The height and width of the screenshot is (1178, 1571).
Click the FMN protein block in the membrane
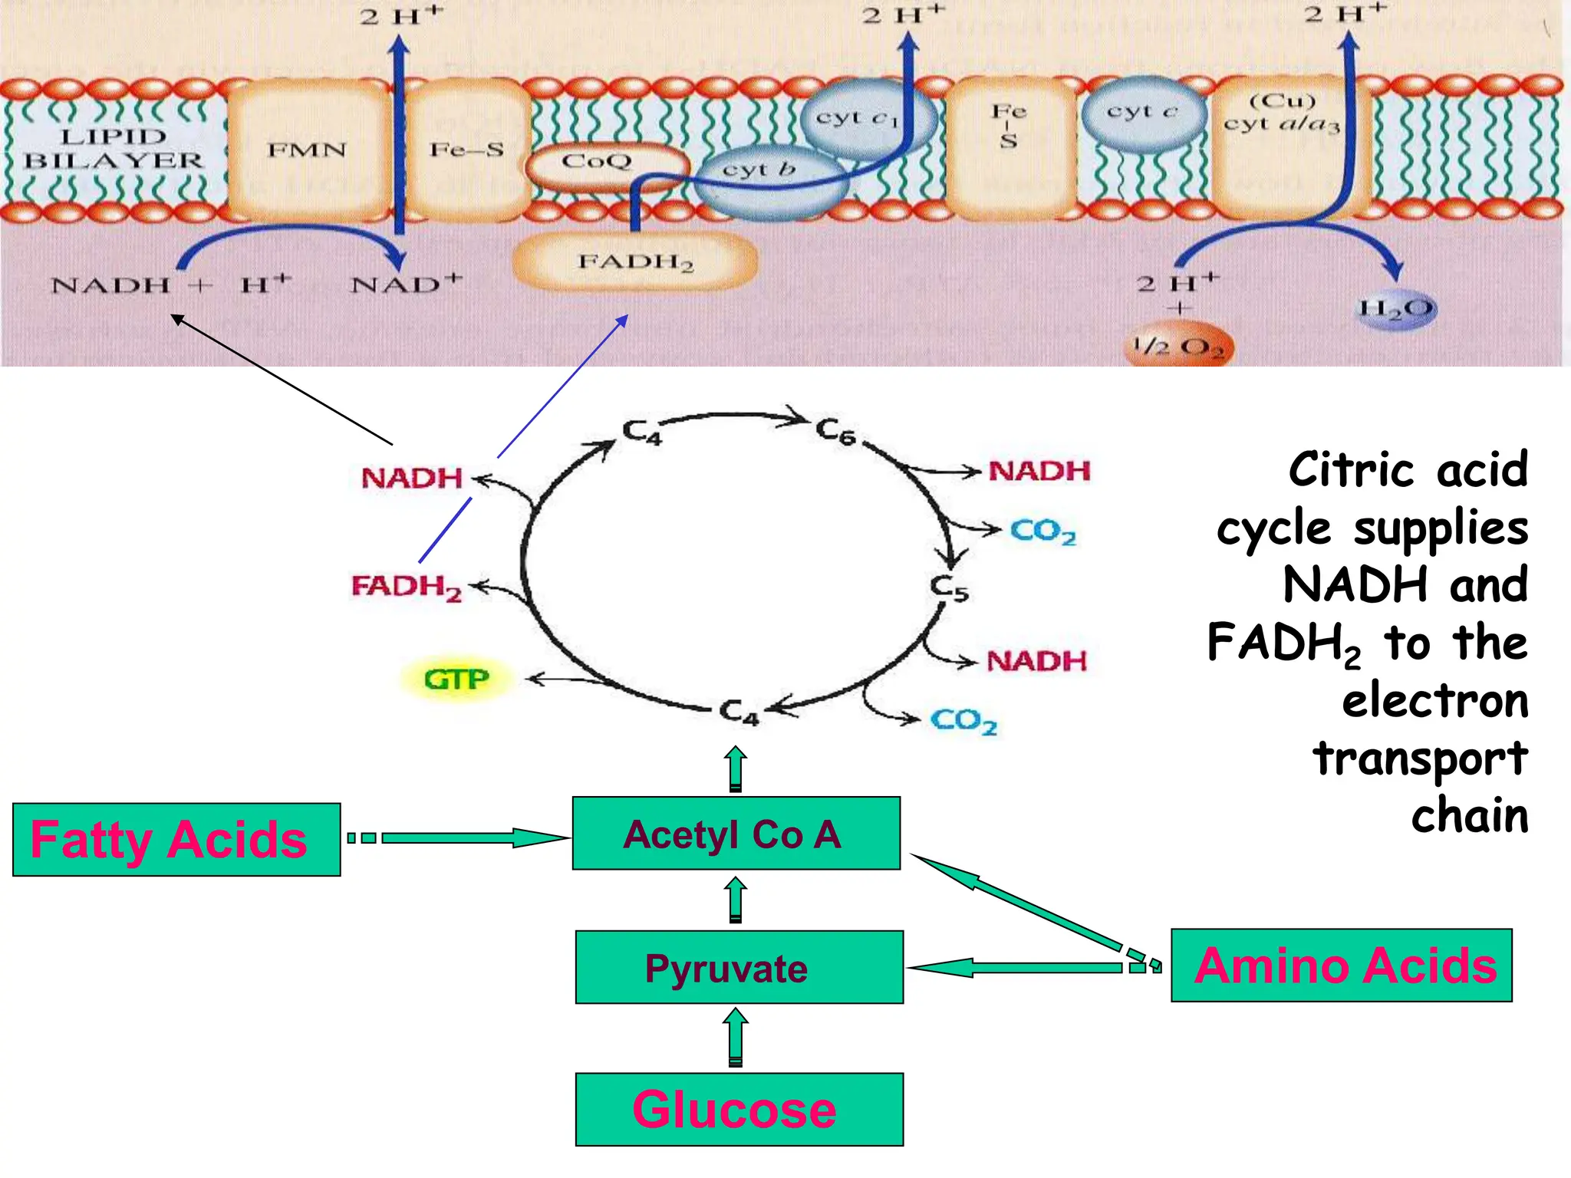point(307,150)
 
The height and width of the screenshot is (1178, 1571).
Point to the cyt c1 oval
point(859,119)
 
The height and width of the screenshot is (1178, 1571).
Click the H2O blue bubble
point(1396,308)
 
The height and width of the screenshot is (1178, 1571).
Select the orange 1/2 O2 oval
point(1179,347)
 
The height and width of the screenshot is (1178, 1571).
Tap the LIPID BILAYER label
point(114,149)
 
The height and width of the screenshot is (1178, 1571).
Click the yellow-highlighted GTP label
point(456,679)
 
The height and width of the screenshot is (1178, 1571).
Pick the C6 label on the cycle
point(835,432)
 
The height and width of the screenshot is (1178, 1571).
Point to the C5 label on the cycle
point(950,588)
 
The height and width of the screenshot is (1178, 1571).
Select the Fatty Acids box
point(176,840)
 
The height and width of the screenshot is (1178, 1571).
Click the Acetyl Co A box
point(736,834)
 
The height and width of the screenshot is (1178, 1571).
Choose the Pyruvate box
point(739,967)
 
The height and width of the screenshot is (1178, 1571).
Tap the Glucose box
point(739,1109)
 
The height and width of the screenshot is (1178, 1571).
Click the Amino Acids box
point(1341,966)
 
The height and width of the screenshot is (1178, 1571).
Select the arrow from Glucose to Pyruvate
point(736,1038)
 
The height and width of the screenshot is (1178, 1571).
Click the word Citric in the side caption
point(1351,469)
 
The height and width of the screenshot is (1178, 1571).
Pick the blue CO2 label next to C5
point(1042,531)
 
